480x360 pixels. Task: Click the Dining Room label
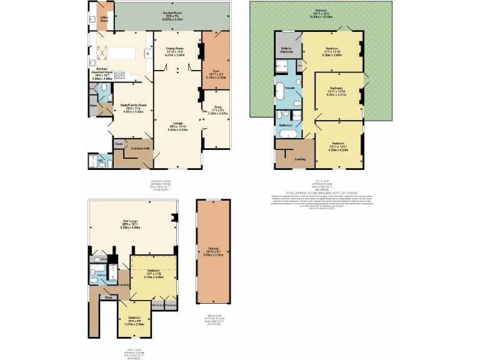coord(174,48)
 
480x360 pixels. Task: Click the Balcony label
coord(321,10)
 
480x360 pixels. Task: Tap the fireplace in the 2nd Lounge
coord(173,218)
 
